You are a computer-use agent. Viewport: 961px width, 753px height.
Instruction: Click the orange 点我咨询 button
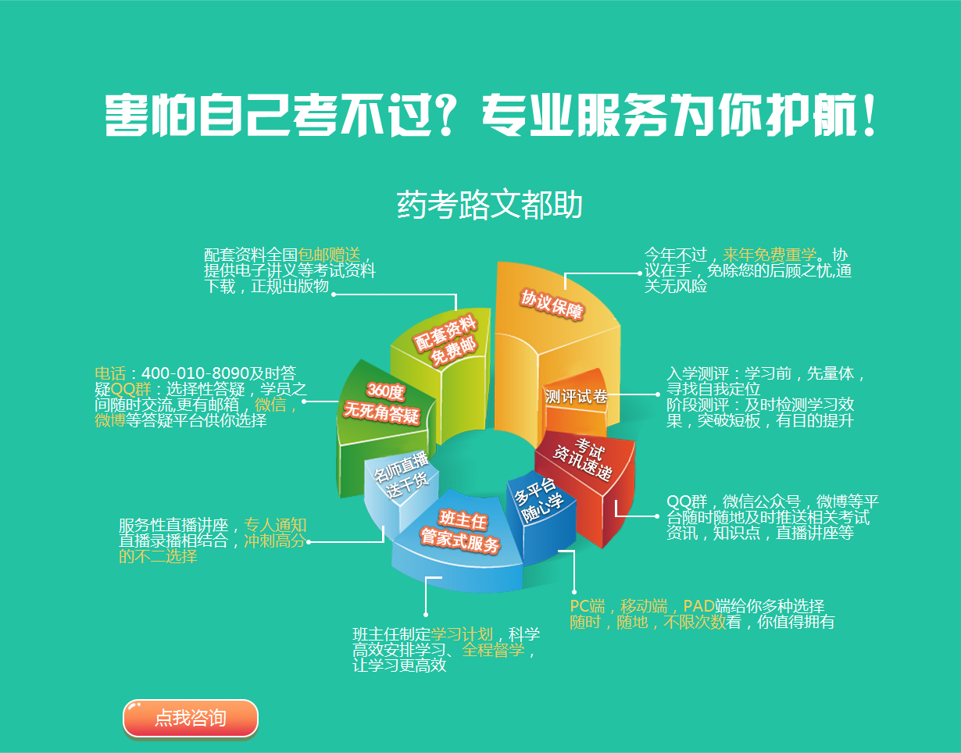pos(191,718)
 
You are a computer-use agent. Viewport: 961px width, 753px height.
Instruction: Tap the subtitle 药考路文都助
pos(489,205)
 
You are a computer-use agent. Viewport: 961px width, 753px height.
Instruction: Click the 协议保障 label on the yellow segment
pos(552,305)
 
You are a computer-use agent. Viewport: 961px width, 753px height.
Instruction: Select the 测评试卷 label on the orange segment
pos(576,396)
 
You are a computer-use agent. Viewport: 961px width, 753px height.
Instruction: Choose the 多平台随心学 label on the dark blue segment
pos(538,499)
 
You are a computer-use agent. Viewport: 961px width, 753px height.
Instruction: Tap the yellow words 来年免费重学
pos(770,255)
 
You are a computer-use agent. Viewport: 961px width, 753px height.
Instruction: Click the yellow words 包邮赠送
pos(329,255)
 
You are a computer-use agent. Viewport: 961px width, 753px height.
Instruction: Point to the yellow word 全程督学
pos(493,650)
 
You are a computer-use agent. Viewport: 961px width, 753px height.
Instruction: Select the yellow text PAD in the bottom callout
pos(698,606)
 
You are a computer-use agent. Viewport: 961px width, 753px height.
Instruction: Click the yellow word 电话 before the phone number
pos(110,373)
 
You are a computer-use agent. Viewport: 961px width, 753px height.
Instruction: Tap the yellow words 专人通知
pos(275,525)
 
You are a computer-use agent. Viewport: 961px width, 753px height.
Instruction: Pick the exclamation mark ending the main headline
pos(870,114)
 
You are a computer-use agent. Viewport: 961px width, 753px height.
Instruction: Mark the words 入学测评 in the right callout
pos(698,373)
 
